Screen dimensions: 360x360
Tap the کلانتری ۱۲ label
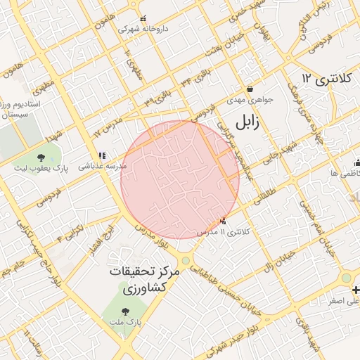point(325,77)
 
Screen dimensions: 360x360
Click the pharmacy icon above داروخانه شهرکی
point(143,19)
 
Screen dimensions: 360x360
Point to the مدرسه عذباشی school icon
point(102,155)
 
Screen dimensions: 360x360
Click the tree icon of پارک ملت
point(126,310)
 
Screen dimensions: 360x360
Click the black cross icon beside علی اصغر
point(356,290)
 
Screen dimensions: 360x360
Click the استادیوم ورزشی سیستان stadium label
point(25,108)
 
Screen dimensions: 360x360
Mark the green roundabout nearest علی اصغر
point(346,278)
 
